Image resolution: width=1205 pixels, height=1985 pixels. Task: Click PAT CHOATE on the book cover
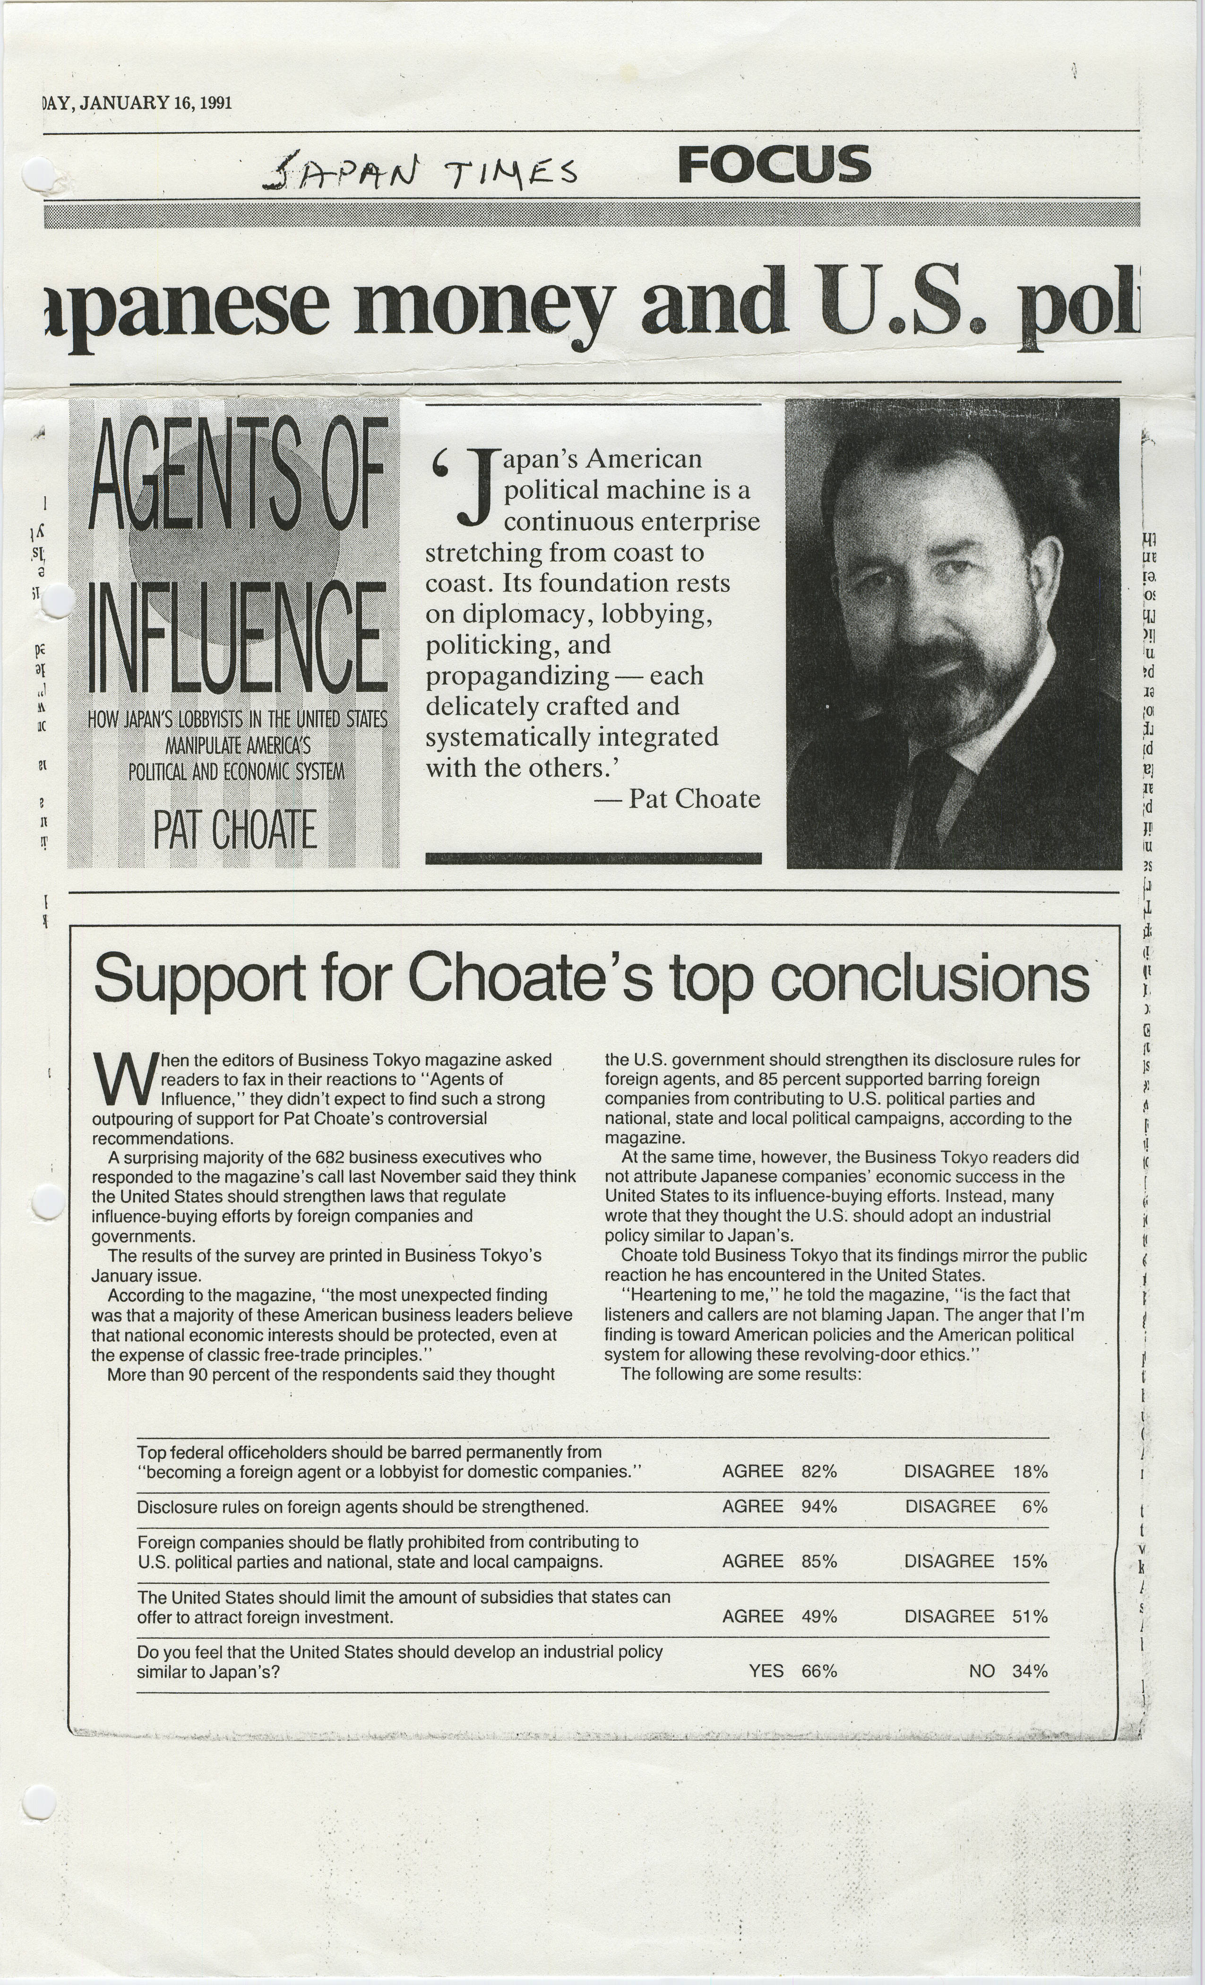coord(235,830)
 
